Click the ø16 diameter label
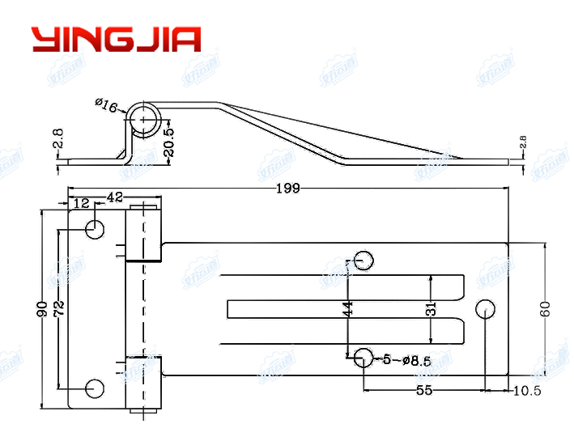click(x=107, y=105)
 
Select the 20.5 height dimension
click(x=168, y=143)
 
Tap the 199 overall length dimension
click(x=287, y=189)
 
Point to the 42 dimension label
click(x=116, y=197)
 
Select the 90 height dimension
click(x=42, y=308)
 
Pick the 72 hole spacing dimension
click(x=58, y=308)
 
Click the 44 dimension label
click(x=348, y=308)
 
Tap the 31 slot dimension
click(x=431, y=308)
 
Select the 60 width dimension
click(x=545, y=308)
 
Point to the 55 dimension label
click(x=423, y=390)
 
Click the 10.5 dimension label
click(x=526, y=391)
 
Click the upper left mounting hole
click(x=96, y=229)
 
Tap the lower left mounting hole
click(x=96, y=388)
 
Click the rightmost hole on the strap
click(x=485, y=308)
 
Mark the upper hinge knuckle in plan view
click(x=144, y=233)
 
